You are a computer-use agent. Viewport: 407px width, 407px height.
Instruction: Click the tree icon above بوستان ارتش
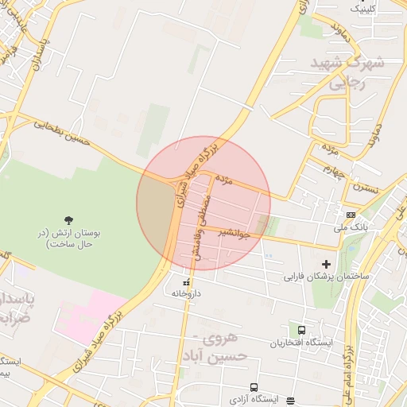point(67,219)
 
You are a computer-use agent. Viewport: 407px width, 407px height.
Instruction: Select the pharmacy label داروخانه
point(187,293)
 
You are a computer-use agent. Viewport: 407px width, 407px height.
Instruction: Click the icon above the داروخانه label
point(187,282)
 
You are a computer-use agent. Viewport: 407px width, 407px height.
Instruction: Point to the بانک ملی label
point(351,227)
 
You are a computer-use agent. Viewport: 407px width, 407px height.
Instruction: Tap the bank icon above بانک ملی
point(351,215)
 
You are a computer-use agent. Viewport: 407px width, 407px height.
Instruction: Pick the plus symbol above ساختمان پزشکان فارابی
point(326,264)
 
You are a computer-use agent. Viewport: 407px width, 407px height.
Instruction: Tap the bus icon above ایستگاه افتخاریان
point(301,330)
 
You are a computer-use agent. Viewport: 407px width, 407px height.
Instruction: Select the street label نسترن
point(366,188)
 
